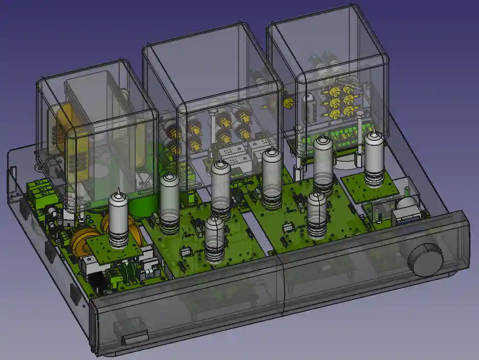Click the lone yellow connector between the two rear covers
point(287,103)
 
